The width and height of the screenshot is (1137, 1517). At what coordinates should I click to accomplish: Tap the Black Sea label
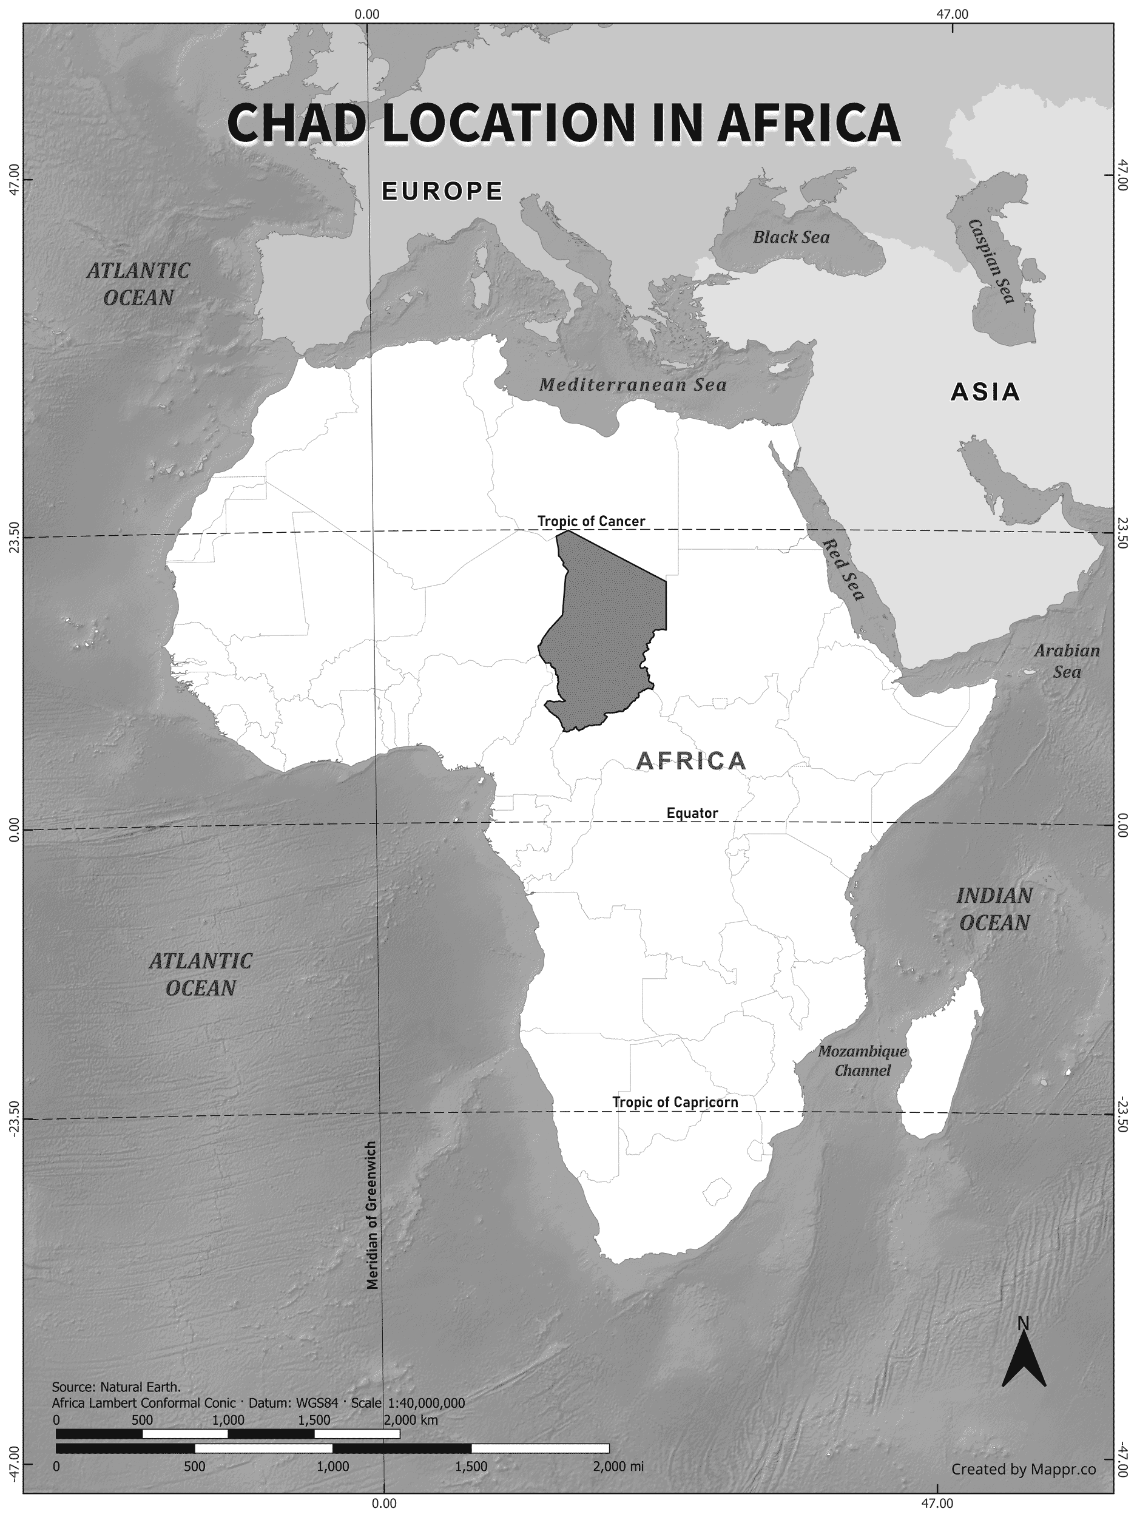tap(791, 237)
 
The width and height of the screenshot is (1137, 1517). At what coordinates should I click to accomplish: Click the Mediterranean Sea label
tap(632, 384)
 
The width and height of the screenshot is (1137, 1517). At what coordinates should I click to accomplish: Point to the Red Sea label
tap(843, 569)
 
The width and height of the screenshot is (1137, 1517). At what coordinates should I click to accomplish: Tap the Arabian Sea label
tap(1067, 660)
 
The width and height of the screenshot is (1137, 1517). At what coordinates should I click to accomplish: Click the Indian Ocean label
tap(994, 909)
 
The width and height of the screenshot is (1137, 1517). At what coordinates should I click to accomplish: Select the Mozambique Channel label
tap(862, 1061)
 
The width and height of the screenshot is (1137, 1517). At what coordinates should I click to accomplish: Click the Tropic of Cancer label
tap(590, 521)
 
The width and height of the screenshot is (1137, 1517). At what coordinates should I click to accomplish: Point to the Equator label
tap(692, 813)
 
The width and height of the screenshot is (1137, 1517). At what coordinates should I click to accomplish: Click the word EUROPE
tap(442, 191)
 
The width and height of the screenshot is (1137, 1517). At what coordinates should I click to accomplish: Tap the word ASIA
tap(985, 392)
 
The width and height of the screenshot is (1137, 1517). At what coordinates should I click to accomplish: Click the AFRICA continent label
tap(690, 760)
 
